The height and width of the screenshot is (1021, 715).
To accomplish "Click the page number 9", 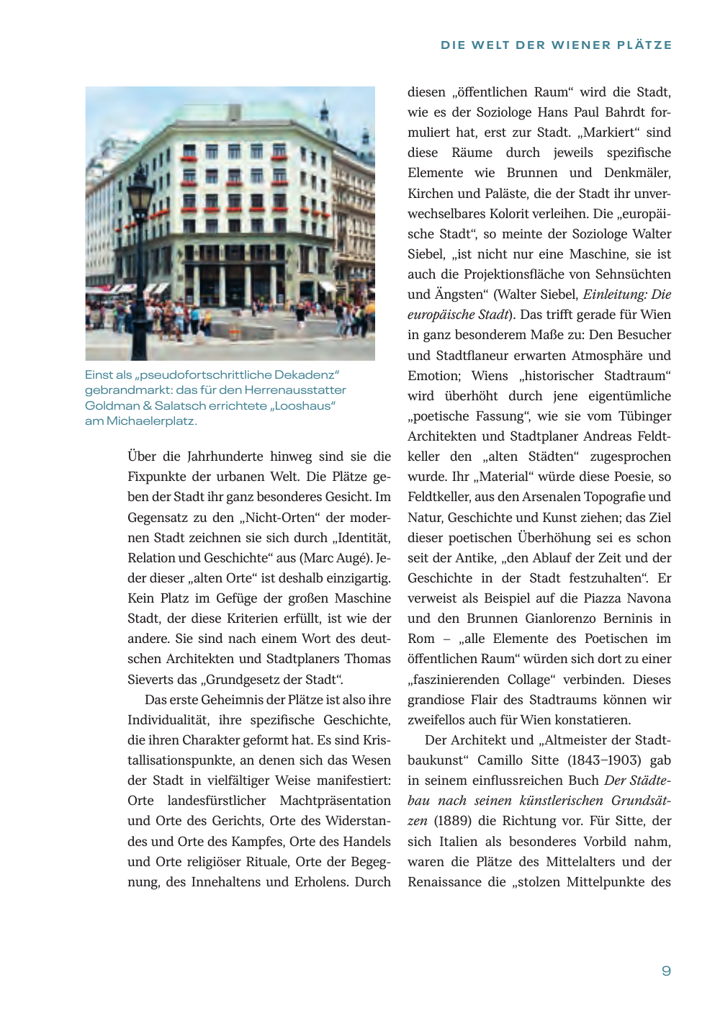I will (x=666, y=971).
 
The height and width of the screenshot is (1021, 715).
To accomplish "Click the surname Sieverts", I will (x=150, y=680).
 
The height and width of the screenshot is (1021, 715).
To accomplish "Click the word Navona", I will (x=649, y=598).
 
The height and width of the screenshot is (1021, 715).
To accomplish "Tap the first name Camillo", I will (x=500, y=760).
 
